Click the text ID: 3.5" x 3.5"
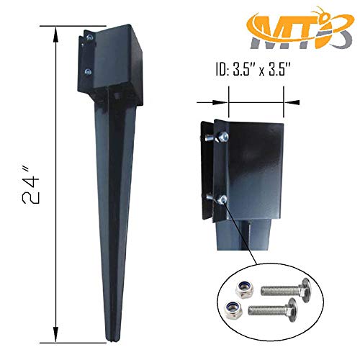tap(257, 71)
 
